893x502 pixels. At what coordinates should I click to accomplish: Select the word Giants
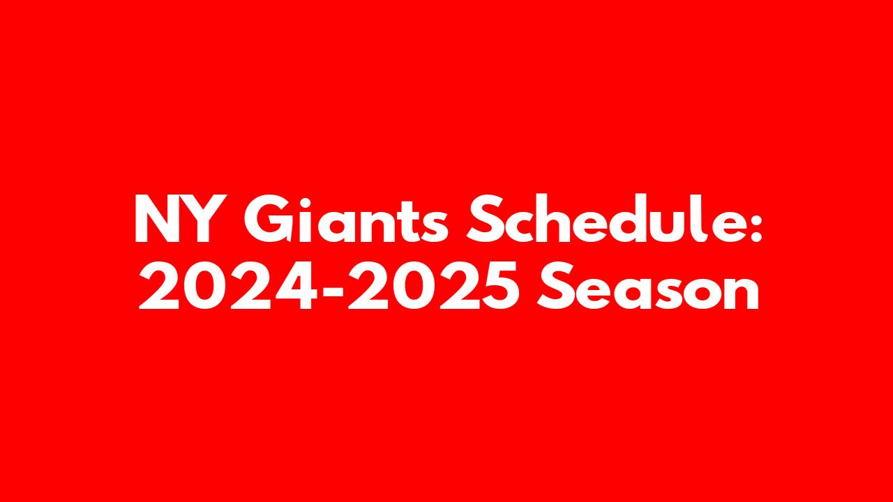point(346,219)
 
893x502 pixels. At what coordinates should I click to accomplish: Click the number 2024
point(228,286)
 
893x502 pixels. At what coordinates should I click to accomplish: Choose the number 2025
point(434,286)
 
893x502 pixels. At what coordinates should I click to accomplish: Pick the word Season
point(647,286)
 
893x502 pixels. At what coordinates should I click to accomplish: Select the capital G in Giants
point(267,219)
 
